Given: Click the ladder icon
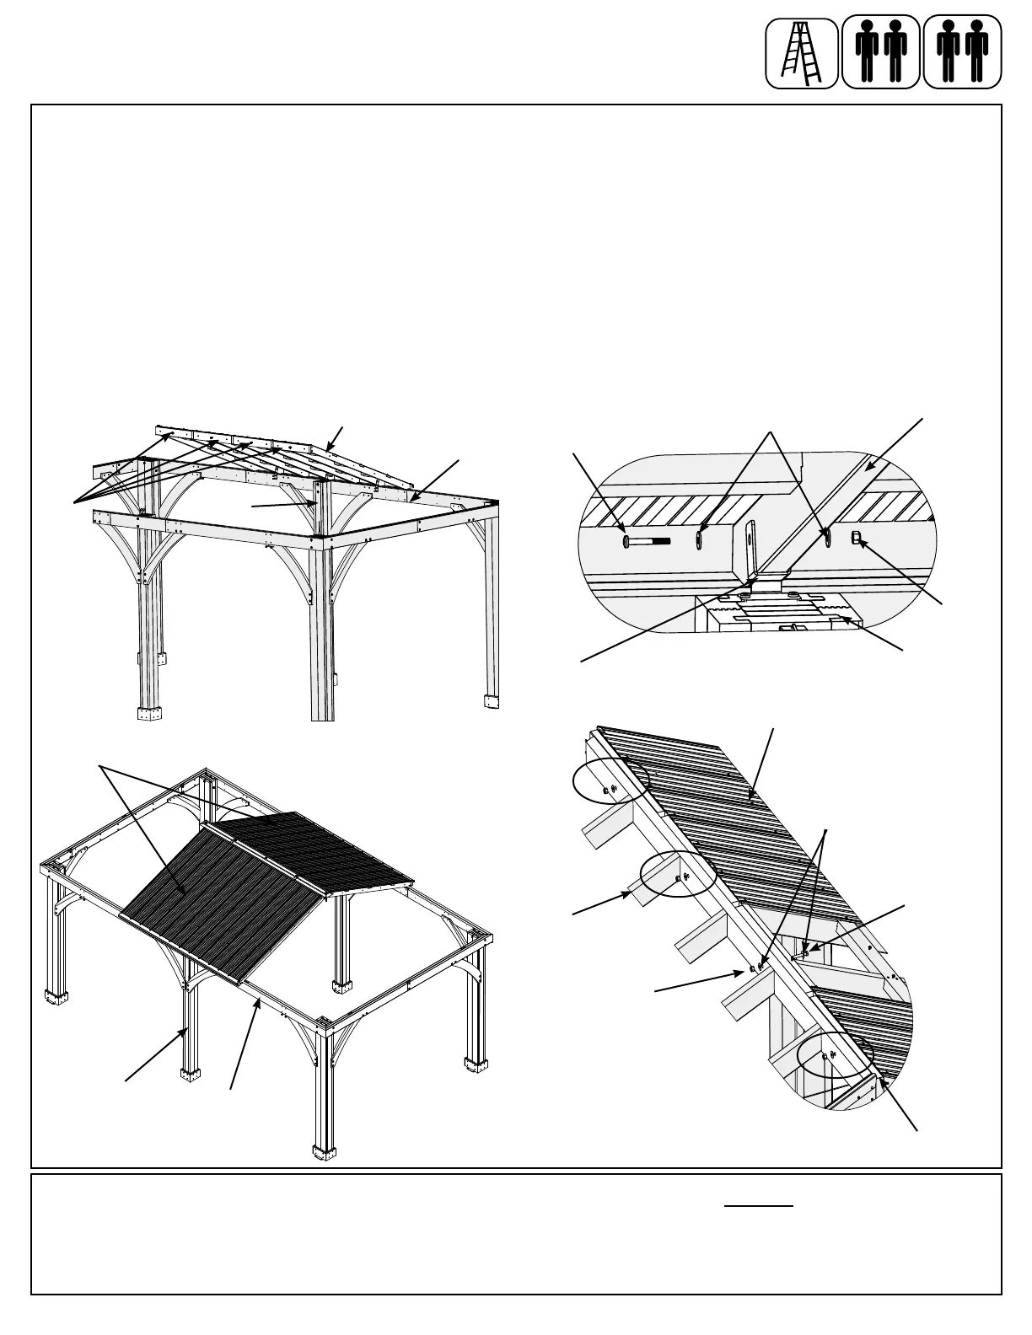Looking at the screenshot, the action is click(801, 53).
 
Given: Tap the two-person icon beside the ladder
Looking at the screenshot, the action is click(880, 53).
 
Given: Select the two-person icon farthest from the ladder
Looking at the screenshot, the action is click(963, 53).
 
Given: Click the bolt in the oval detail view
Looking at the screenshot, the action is click(645, 540).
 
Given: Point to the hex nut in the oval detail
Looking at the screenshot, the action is click(856, 539).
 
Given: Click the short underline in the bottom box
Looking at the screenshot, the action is click(759, 1206).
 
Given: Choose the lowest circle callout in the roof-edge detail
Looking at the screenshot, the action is click(832, 1063).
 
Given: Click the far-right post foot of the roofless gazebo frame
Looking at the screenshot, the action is click(490, 701).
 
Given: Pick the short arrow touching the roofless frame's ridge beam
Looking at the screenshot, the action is click(336, 437).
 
